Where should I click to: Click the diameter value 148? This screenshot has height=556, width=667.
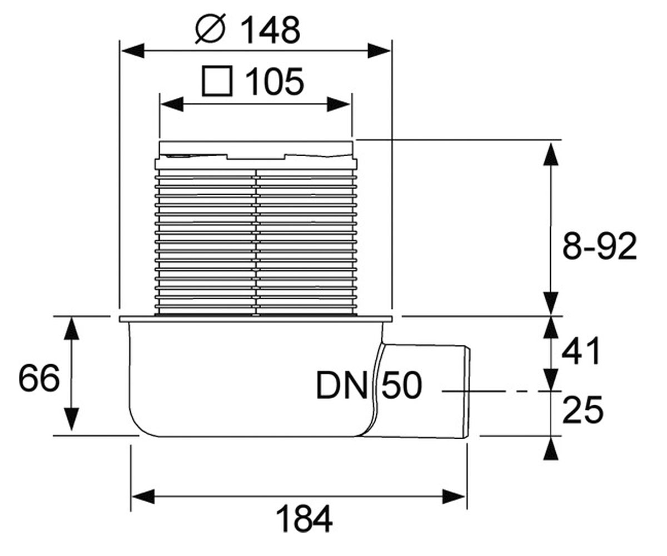point(270,30)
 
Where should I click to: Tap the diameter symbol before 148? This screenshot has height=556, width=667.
point(211,29)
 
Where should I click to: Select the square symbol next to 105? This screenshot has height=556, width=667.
point(217,81)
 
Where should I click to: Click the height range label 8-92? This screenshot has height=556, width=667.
point(600,246)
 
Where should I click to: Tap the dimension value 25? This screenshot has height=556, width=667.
point(583,410)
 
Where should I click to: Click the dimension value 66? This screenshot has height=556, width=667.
point(39,378)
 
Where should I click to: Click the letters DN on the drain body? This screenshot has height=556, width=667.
point(342,385)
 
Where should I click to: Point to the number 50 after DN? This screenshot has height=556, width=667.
point(402,385)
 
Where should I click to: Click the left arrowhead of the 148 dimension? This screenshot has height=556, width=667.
point(133,51)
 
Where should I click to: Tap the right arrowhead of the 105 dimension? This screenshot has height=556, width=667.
point(339,104)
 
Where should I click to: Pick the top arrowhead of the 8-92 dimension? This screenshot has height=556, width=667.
point(551,155)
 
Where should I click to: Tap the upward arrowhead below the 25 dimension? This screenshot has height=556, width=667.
point(551,449)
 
